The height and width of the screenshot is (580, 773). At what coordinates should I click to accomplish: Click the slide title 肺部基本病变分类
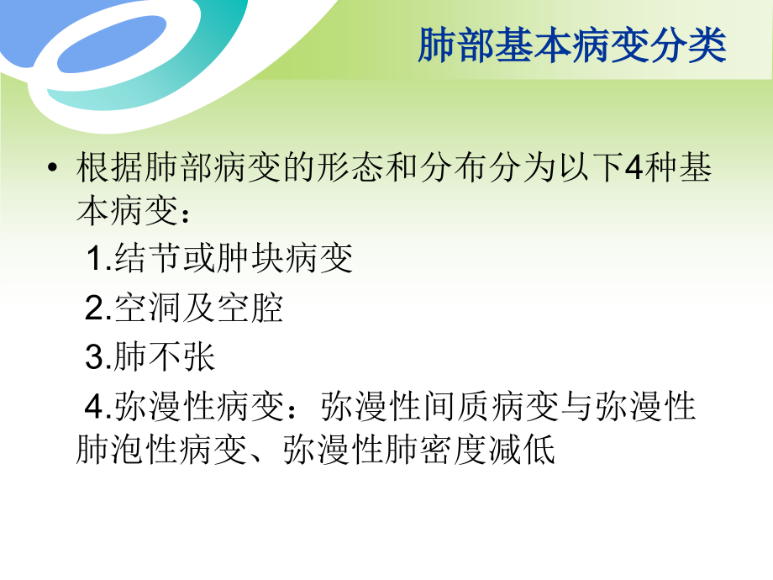(x=571, y=46)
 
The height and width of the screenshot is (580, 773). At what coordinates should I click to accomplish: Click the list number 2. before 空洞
(x=97, y=309)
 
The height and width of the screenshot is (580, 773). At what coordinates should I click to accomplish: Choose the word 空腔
(x=255, y=309)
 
